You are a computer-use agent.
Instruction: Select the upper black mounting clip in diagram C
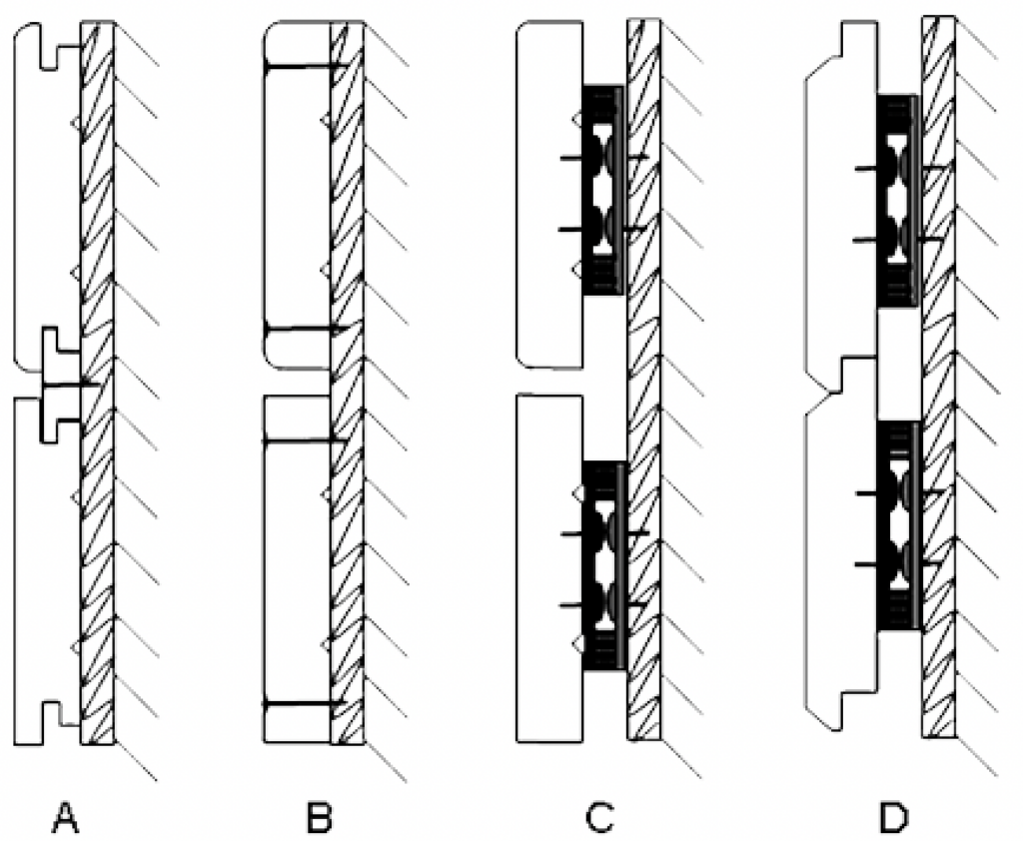point(602,190)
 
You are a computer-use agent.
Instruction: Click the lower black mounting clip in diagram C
point(602,565)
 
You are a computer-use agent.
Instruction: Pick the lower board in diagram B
point(295,569)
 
